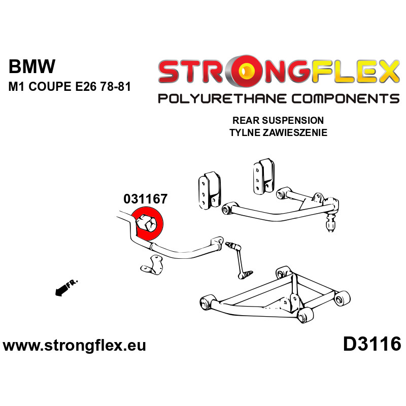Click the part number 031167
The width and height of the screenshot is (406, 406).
145,199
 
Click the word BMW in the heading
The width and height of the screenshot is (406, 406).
32,67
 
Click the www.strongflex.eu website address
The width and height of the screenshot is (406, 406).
75,346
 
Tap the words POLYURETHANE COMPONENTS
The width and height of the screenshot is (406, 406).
278,98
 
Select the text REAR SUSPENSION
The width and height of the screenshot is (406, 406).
278,121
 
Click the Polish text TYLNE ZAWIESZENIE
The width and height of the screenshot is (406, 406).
278,133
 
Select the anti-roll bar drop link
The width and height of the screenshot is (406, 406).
240,259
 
